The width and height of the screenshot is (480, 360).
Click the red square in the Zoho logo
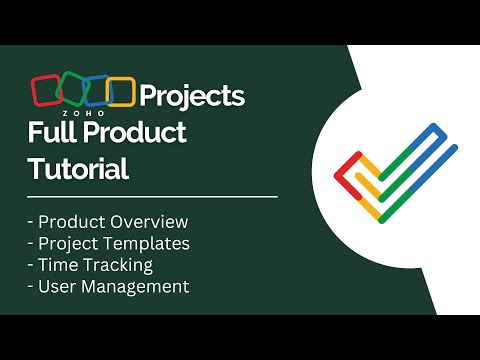pyautogui.click(x=46, y=91)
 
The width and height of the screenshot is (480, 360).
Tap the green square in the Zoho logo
pyautogui.click(x=70, y=91)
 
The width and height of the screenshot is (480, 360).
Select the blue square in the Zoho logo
pyautogui.click(x=95, y=91)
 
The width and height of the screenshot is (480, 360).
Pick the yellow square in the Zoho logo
pyautogui.click(x=120, y=91)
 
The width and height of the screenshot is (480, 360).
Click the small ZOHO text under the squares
pyautogui.click(x=84, y=114)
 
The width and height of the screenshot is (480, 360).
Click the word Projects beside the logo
pyautogui.click(x=191, y=96)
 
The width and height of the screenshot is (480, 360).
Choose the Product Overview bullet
pyautogui.click(x=110, y=221)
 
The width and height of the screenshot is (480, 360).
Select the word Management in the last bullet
pyautogui.click(x=137, y=287)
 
